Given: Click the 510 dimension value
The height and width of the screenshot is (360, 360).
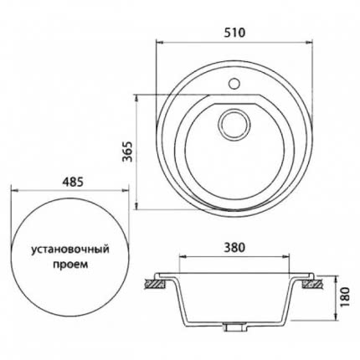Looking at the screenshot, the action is click(234, 33).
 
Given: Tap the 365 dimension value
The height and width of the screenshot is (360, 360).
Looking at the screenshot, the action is click(128, 152).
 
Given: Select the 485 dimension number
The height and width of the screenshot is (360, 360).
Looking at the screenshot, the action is click(73, 182).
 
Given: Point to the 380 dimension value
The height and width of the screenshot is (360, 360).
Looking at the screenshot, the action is click(234, 247).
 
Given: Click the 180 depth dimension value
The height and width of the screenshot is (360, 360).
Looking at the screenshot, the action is click(346, 297).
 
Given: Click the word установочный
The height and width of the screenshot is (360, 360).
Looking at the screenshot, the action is click(69, 249).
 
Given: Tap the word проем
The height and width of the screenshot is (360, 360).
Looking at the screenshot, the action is click(70, 265).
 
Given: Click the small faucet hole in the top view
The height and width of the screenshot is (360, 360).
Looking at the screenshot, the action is click(234, 84).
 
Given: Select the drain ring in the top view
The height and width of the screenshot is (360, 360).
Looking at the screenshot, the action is click(234, 124).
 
